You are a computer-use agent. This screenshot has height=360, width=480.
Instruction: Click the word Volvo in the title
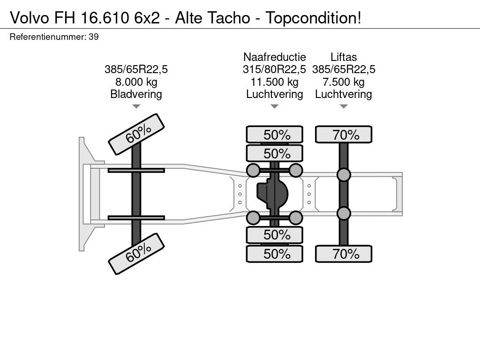(x=29, y=17)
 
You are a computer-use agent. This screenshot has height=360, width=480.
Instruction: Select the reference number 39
(x=94, y=37)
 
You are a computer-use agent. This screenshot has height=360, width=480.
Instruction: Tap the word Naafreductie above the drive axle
(x=275, y=57)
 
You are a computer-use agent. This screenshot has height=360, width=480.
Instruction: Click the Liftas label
(x=344, y=57)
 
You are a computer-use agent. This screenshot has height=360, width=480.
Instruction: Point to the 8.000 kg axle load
(x=136, y=82)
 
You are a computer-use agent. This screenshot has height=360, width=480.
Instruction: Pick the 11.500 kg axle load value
(x=275, y=82)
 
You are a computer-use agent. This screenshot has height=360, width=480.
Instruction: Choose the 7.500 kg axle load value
(x=344, y=82)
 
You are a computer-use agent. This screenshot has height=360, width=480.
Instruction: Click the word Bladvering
(x=136, y=94)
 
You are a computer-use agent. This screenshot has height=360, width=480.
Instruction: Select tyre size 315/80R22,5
(x=275, y=69)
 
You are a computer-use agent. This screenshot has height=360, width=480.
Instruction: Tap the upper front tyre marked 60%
(x=136, y=135)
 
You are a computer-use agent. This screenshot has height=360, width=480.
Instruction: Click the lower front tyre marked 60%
(x=136, y=254)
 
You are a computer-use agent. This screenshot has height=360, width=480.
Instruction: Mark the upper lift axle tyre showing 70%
(x=344, y=135)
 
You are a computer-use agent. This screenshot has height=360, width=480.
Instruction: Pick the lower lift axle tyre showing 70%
(x=344, y=254)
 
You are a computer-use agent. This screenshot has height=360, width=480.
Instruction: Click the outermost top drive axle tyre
(x=275, y=135)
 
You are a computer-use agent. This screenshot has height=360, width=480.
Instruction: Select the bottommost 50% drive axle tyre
(x=275, y=254)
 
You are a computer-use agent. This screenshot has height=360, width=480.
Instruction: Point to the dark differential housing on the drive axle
(x=272, y=194)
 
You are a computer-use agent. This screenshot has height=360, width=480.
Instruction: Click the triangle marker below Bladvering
(x=136, y=106)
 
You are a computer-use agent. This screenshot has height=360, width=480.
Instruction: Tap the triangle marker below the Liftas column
(x=344, y=106)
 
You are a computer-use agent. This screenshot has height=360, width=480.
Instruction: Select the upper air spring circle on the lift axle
(x=344, y=174)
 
